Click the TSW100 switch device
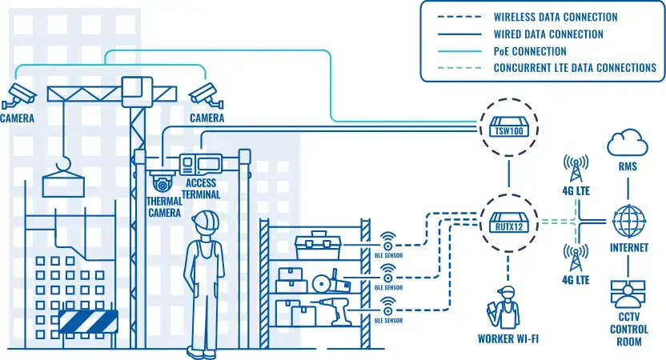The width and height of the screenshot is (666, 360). (508, 128)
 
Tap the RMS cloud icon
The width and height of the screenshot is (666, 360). (627, 144)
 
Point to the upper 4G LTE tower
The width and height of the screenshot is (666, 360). (575, 169)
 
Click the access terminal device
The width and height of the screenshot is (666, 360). (199, 164)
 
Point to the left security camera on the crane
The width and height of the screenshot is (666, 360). (19, 94)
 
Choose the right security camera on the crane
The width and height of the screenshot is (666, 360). (205, 94)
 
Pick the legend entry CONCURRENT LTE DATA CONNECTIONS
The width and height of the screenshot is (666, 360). (575, 68)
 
